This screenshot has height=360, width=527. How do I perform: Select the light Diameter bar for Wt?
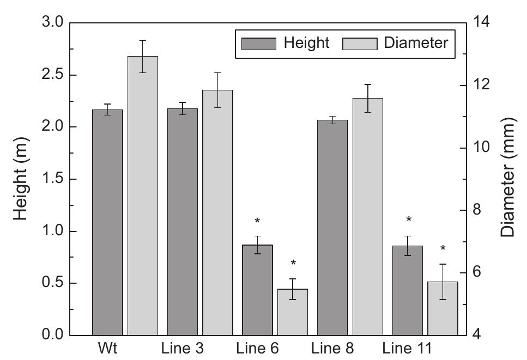pos(143,196)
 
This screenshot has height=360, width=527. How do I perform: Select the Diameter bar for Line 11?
pos(443,308)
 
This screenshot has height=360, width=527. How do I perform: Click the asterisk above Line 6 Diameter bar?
pos(293,264)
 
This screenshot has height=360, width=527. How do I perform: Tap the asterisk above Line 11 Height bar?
pos(409,221)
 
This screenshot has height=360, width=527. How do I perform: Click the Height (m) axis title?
pos(20,179)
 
